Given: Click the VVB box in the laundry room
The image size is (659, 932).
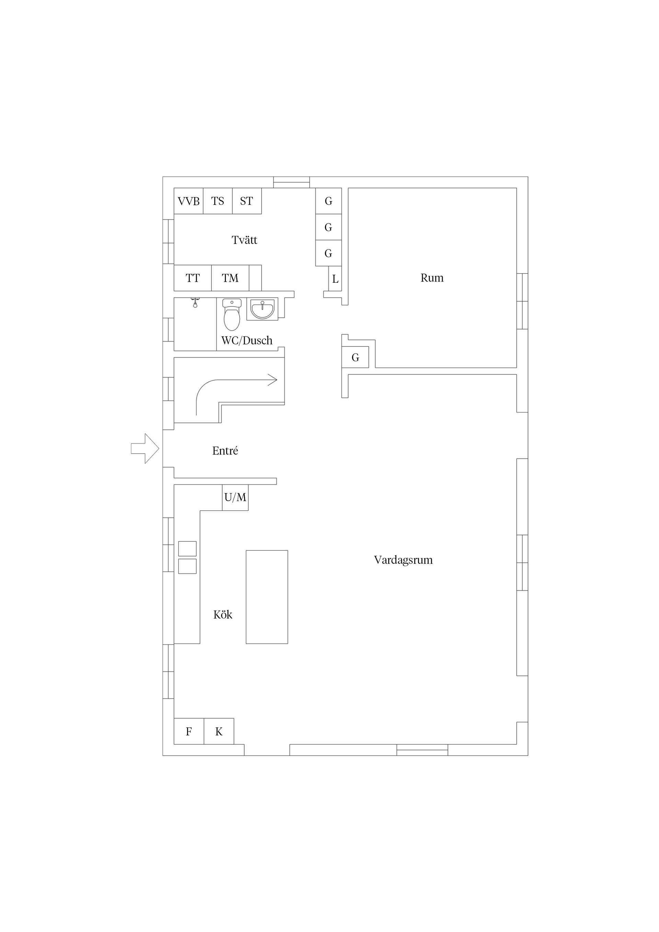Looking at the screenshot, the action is [x=188, y=201].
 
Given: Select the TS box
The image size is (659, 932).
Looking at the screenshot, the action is [x=218, y=201].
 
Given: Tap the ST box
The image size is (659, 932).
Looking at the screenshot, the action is [x=247, y=201].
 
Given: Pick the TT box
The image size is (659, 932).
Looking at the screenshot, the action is [x=193, y=278].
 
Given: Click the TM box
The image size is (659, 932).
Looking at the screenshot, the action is [x=230, y=278].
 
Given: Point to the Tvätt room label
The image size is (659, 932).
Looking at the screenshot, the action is [x=244, y=240].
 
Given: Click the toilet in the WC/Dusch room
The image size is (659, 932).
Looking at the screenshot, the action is [x=232, y=315].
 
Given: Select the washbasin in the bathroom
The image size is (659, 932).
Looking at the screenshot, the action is [x=262, y=309].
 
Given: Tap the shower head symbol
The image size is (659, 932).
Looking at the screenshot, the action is [x=195, y=302].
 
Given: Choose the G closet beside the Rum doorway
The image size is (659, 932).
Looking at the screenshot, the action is [x=355, y=357].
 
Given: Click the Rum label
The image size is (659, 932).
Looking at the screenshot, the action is [x=432, y=278].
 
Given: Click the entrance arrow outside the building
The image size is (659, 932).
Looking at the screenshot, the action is [x=145, y=448].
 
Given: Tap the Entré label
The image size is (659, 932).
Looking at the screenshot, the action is [x=225, y=451].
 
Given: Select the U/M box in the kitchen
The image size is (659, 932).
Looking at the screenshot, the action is [x=235, y=497].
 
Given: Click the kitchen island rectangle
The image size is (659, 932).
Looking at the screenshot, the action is [x=267, y=597].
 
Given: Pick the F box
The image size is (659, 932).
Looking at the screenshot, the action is [x=189, y=732].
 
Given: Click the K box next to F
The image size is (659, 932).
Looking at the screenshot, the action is [x=219, y=732].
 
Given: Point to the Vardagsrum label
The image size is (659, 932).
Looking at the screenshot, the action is [x=403, y=560].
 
